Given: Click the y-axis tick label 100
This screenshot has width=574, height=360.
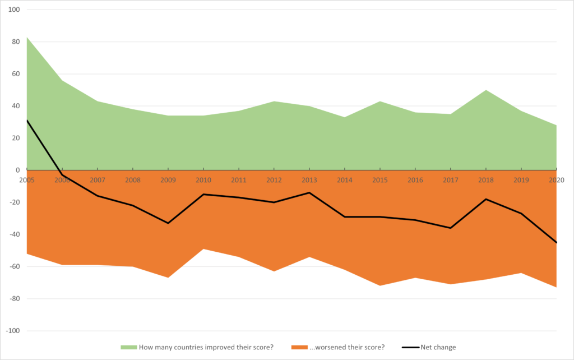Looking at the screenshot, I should (13, 10).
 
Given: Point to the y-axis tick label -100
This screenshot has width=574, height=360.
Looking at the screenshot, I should (12, 331).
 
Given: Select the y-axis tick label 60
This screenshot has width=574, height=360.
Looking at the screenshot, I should (15, 73).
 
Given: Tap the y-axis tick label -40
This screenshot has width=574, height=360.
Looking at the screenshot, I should (14, 234).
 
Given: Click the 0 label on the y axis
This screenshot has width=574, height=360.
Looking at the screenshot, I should (17, 170).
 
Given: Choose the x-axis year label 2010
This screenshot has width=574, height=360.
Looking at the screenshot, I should (203, 179).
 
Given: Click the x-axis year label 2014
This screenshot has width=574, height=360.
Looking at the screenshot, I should (345, 179).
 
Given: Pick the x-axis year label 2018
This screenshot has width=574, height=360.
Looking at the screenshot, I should (486, 179).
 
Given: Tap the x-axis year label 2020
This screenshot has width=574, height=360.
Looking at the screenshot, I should (556, 179).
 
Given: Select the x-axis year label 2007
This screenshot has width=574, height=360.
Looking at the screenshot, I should (98, 179).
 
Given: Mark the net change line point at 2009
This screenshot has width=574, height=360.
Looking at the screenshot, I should (168, 223).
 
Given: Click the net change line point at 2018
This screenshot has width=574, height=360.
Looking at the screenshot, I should (486, 199).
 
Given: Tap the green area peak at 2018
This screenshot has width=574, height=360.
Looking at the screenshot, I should (486, 90).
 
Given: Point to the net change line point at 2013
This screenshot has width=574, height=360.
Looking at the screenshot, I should (309, 192).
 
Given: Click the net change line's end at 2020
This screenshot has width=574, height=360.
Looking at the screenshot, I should (556, 242).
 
